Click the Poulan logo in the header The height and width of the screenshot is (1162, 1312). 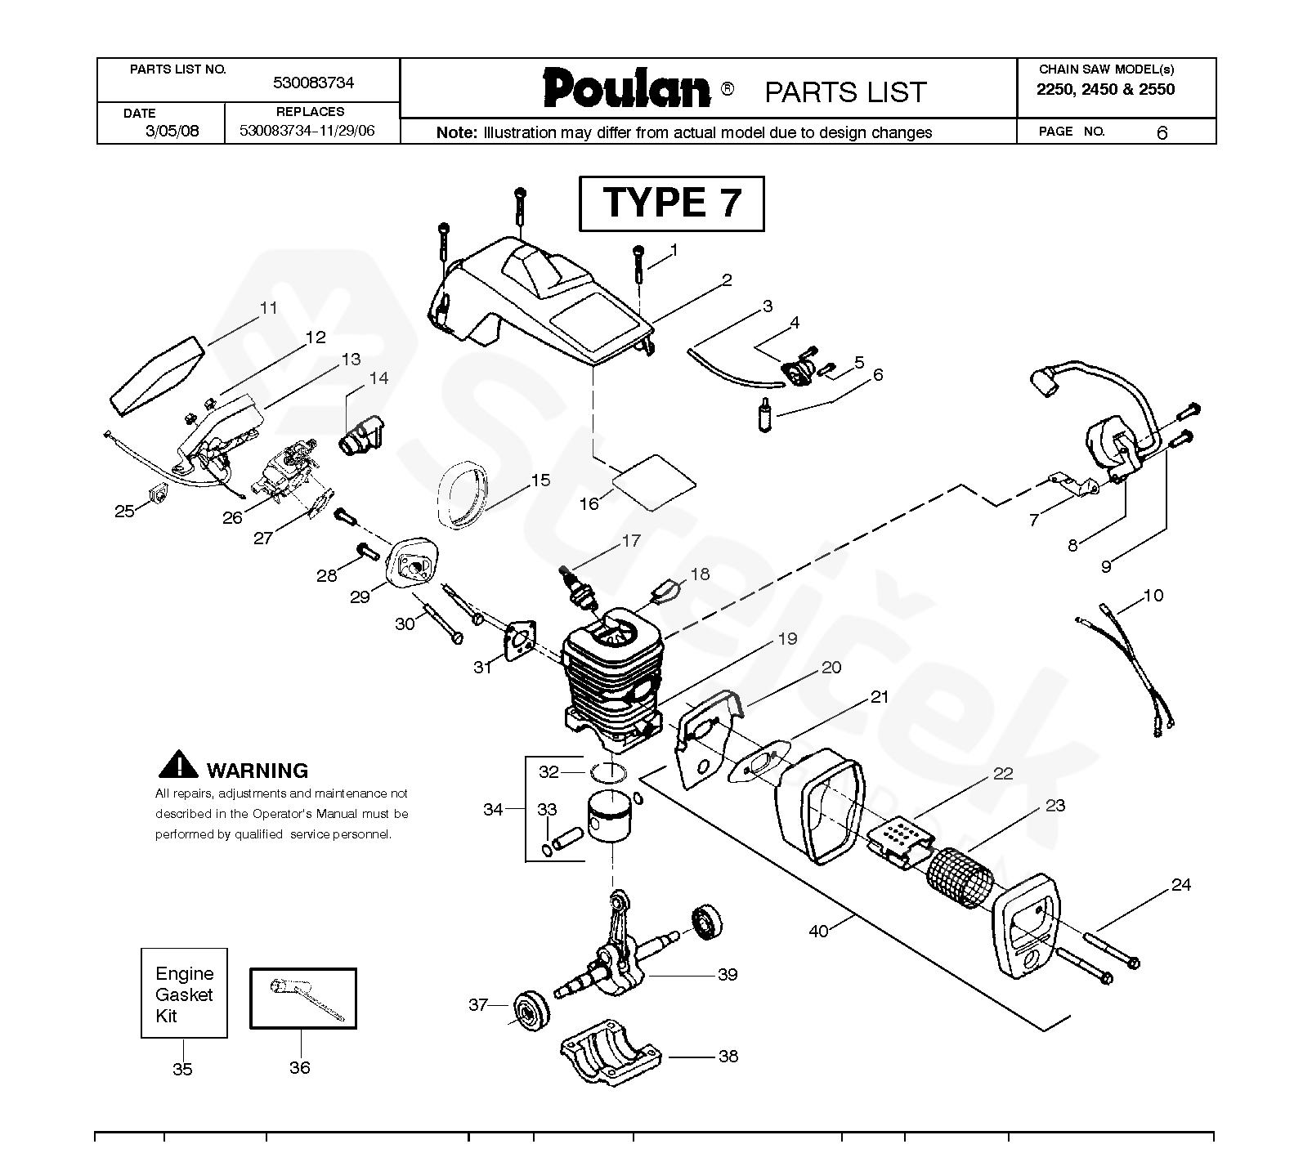click(x=626, y=88)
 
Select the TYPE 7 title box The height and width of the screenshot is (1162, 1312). click(x=671, y=203)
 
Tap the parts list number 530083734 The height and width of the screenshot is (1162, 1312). click(x=313, y=83)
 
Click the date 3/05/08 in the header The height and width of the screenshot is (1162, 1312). click(x=172, y=131)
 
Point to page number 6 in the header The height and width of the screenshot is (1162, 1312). click(x=1162, y=132)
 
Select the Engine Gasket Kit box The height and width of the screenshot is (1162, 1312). click(x=184, y=994)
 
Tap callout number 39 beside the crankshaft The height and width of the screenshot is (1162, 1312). click(x=727, y=975)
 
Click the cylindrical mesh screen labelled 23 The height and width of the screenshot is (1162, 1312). click(x=960, y=875)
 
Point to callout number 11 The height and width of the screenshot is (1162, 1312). click(x=268, y=308)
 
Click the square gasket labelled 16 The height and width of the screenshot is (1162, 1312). click(x=654, y=481)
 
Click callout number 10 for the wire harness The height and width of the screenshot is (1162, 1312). click(x=1153, y=596)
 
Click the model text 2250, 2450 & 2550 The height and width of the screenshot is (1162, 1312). click(x=1105, y=90)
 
